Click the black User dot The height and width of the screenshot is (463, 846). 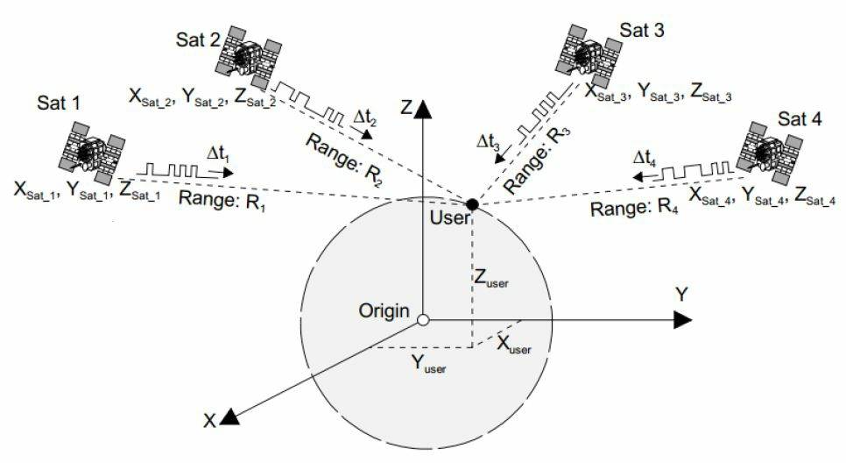coord(472,204)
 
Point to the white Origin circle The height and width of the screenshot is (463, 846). coord(423,320)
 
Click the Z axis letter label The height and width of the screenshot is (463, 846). coord(405,108)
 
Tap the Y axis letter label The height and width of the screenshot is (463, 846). coord(680,294)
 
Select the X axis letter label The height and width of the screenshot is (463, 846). coord(210,421)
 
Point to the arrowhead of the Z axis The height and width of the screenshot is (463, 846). coord(423,109)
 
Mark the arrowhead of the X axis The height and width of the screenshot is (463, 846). coord(229,417)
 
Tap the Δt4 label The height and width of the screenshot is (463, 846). coord(647,159)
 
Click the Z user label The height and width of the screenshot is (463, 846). coord(491,280)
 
